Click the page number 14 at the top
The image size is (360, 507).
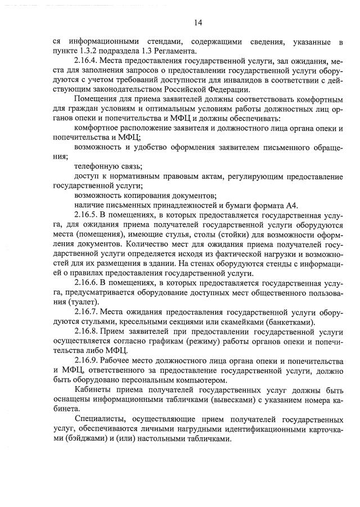point(197,23)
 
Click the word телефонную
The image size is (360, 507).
point(97,166)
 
